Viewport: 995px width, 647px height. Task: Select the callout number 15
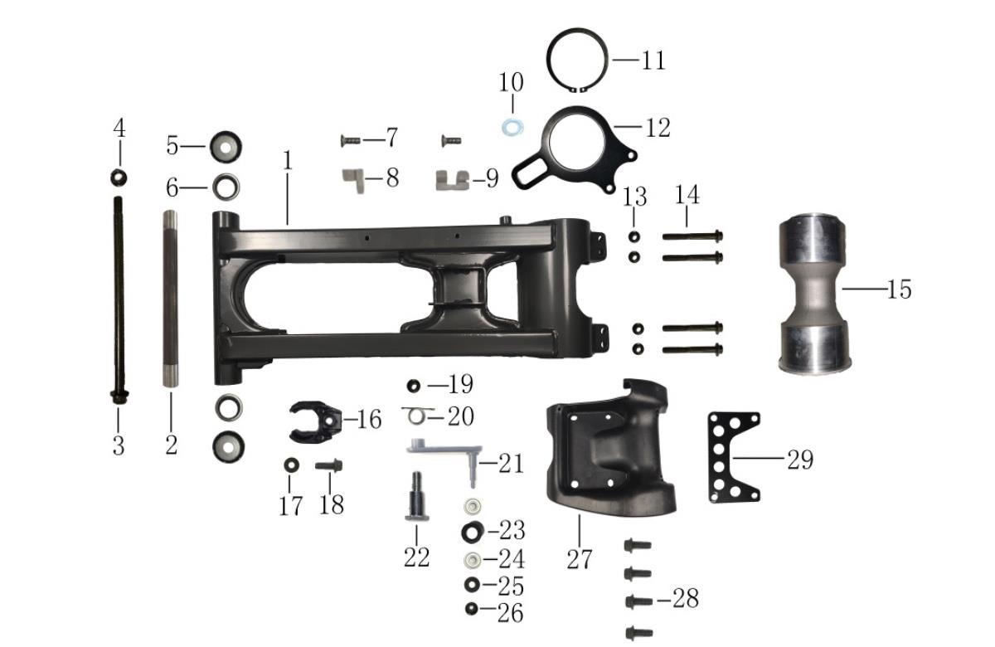899,289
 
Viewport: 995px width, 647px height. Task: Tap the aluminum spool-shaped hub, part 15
814,294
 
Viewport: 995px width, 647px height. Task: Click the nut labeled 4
119,178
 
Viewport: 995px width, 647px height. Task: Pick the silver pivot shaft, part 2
170,299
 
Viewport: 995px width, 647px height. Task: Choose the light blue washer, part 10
512,128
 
